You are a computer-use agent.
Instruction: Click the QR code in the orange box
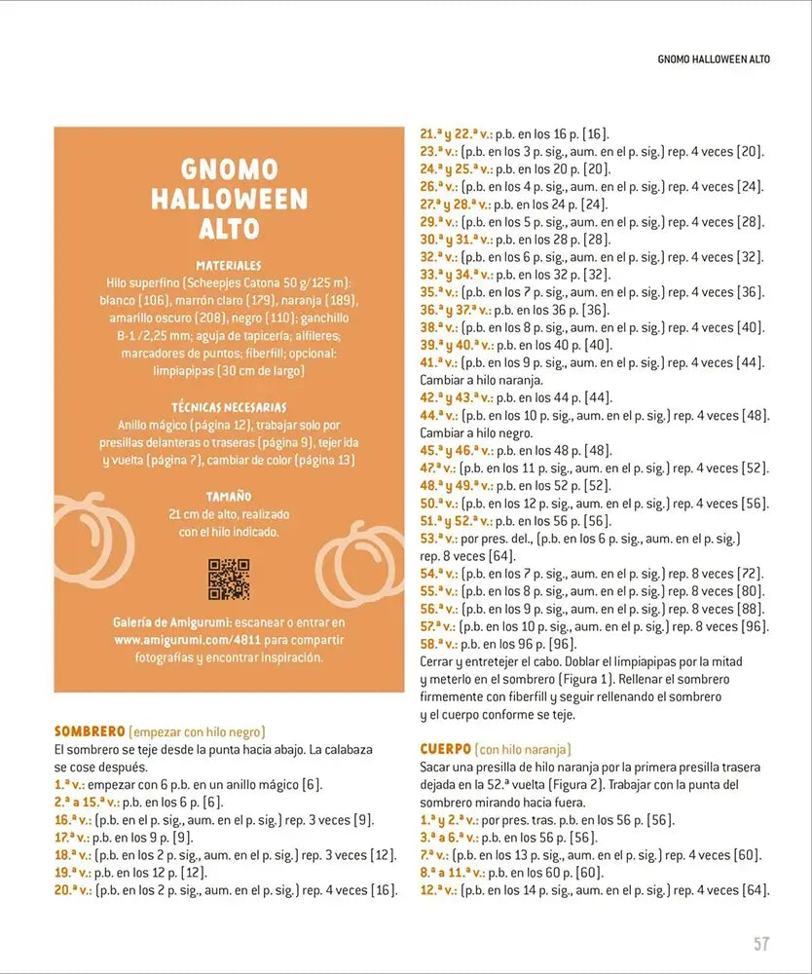pos(229,579)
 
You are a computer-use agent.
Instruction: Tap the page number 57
pos(761,944)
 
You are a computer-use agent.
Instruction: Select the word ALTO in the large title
pos(229,229)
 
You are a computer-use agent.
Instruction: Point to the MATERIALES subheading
pos(229,265)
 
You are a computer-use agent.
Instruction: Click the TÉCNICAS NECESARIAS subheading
pos(229,407)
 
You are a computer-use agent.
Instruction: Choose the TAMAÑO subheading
pos(229,496)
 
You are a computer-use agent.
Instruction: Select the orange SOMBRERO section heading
pos(90,730)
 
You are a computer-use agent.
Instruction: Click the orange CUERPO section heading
pos(446,748)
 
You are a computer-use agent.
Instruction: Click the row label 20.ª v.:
pos(72,890)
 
